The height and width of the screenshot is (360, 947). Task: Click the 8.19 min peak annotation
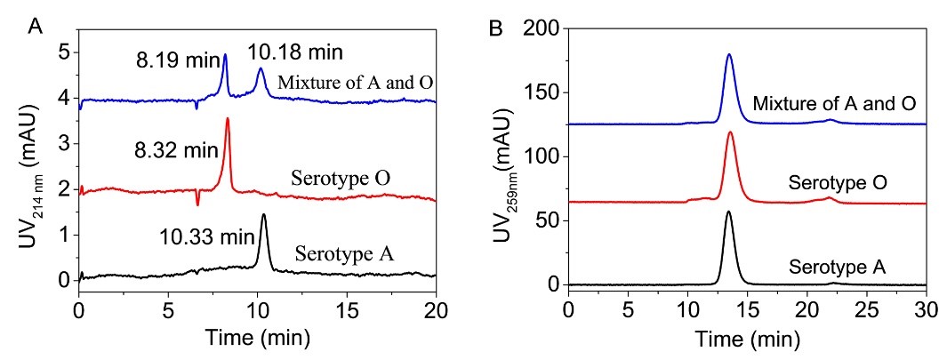169,63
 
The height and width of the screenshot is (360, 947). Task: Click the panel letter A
36,26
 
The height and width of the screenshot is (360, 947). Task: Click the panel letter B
498,26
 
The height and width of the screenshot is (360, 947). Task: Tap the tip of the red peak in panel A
228,118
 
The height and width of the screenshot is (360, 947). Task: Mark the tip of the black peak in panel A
263,214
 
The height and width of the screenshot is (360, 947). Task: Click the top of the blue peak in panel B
729,54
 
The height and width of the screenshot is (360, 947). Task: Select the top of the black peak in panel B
728,212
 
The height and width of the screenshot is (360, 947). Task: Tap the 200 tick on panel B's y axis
544,29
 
